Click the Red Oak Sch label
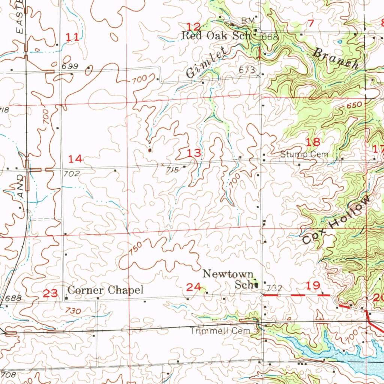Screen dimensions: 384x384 pos(208,36)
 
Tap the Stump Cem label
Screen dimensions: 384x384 pos(304,154)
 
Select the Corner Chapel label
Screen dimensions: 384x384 pos(105,290)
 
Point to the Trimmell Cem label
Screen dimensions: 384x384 pos(220,331)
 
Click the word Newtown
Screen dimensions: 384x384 pos(228,274)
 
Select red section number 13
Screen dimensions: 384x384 pos(194,153)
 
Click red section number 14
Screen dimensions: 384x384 pos(75,159)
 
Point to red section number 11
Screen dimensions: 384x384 pos(73,37)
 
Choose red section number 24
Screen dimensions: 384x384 pos(193,287)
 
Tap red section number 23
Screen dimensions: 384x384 pos(51,293)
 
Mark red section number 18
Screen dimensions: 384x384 pos(313,142)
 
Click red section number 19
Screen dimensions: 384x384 pos(312,286)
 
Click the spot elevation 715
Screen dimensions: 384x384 pos(172,170)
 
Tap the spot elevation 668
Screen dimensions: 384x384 pos(270,37)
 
